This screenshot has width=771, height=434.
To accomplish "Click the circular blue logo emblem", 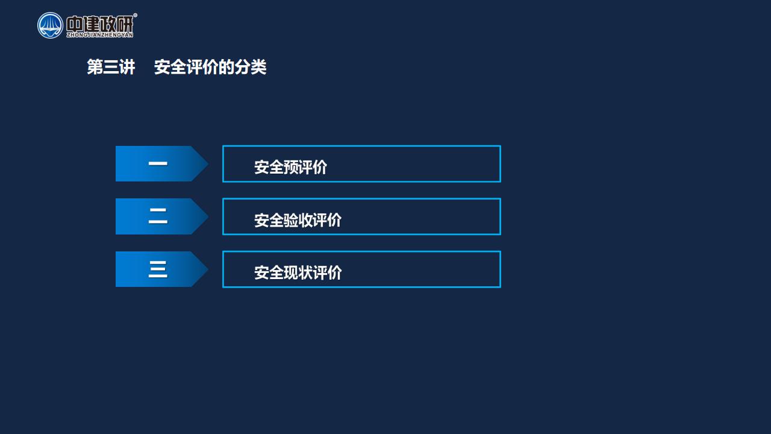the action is tap(50, 25).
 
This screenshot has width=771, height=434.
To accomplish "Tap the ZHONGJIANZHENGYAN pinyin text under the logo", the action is tap(100, 35).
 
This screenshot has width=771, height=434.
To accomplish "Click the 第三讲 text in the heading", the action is tap(111, 67).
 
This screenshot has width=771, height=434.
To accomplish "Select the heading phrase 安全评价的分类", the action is tap(210, 67).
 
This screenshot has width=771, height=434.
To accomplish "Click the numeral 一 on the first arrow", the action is tap(158, 163).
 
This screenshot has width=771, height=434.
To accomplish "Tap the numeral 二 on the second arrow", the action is tap(158, 216).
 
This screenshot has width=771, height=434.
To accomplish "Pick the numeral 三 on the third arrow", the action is tap(158, 269).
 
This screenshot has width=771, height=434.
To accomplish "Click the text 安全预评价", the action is tap(290, 167).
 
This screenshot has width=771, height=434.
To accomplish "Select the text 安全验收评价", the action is tap(298, 220).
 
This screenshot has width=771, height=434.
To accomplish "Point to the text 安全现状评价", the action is tap(298, 272).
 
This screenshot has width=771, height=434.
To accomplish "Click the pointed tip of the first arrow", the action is tap(208, 163).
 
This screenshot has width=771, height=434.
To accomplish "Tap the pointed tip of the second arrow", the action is tap(208, 216).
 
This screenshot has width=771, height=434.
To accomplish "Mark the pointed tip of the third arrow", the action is tap(208, 269).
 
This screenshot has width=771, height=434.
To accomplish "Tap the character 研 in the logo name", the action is tap(125, 24).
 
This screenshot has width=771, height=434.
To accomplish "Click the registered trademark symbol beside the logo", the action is tap(136, 15).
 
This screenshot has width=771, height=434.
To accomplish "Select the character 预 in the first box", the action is tap(290, 167).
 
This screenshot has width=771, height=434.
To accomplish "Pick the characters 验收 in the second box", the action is tap(298, 220).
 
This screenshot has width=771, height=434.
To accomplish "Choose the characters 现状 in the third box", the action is tap(298, 272).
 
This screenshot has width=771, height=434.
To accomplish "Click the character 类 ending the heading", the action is tap(259, 67).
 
